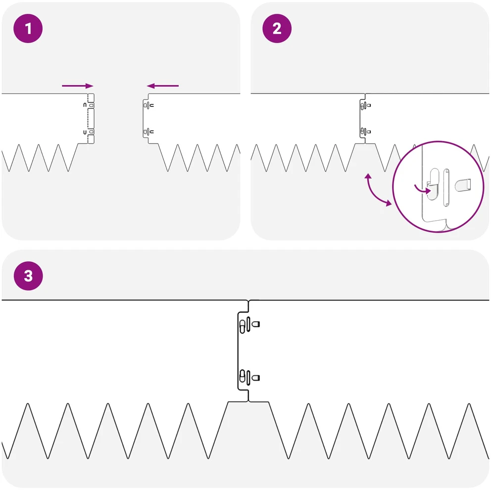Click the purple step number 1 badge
click(28, 29)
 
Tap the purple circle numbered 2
click(277, 29)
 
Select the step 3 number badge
click(28, 276)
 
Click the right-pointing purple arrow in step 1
click(78, 86)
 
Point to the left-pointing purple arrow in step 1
click(162, 86)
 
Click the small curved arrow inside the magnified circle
click(423, 189)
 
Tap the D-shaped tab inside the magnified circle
click(463, 185)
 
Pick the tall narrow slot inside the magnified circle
click(446, 187)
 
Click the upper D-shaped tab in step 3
click(255, 324)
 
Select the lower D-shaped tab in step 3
click(255, 378)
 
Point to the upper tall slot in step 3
click(248, 324)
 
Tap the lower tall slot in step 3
click(248, 378)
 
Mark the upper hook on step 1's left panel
click(85, 105)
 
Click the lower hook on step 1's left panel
click(85, 132)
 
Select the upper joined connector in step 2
click(365, 105)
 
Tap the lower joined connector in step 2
click(365, 132)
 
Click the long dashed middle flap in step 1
click(91, 118)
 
